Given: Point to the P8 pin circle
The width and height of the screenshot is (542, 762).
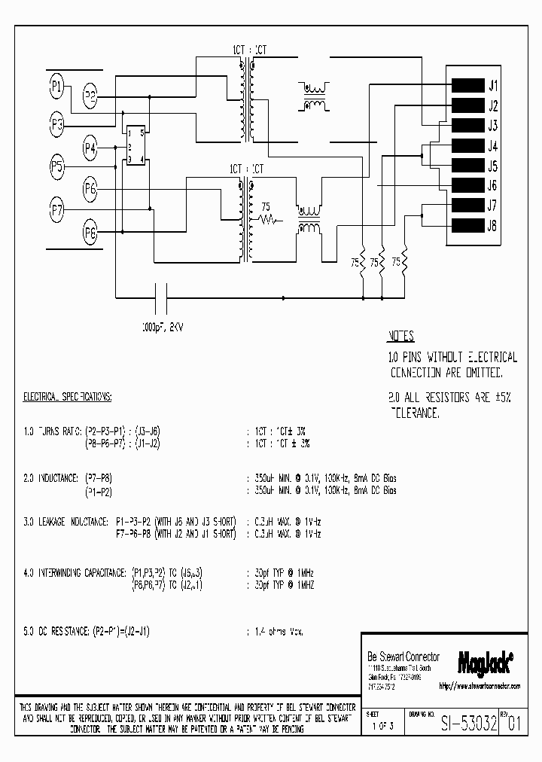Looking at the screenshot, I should (x=90, y=233).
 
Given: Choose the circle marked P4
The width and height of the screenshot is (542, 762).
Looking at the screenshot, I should (x=90, y=148).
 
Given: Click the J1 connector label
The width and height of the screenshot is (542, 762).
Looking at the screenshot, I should (x=493, y=86).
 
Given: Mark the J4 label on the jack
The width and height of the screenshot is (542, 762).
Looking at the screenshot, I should (x=493, y=146).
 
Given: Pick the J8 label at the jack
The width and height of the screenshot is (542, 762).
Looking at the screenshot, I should (x=493, y=225).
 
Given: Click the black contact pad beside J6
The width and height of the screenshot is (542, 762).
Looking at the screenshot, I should (x=467, y=185).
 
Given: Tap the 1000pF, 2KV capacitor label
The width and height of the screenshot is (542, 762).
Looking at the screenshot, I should (x=162, y=327).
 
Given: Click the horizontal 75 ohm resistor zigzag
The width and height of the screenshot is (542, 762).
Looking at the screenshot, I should (x=269, y=220).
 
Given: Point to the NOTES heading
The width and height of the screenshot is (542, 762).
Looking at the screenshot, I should (x=400, y=337).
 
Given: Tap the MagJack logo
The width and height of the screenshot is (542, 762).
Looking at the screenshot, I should (x=486, y=661).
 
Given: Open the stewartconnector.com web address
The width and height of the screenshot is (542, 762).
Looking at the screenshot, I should (x=479, y=686).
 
